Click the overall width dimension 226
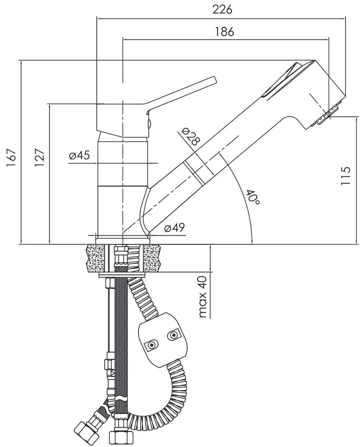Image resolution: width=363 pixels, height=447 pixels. (222, 9)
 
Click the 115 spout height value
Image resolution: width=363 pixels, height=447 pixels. (346, 175)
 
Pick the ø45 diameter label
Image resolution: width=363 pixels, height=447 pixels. (79, 155)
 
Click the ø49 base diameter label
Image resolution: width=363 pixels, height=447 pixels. (174, 228)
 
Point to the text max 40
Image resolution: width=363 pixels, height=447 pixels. (203, 297)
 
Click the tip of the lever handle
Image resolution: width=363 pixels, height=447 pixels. (213, 79)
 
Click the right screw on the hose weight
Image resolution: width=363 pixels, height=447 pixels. (173, 336)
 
